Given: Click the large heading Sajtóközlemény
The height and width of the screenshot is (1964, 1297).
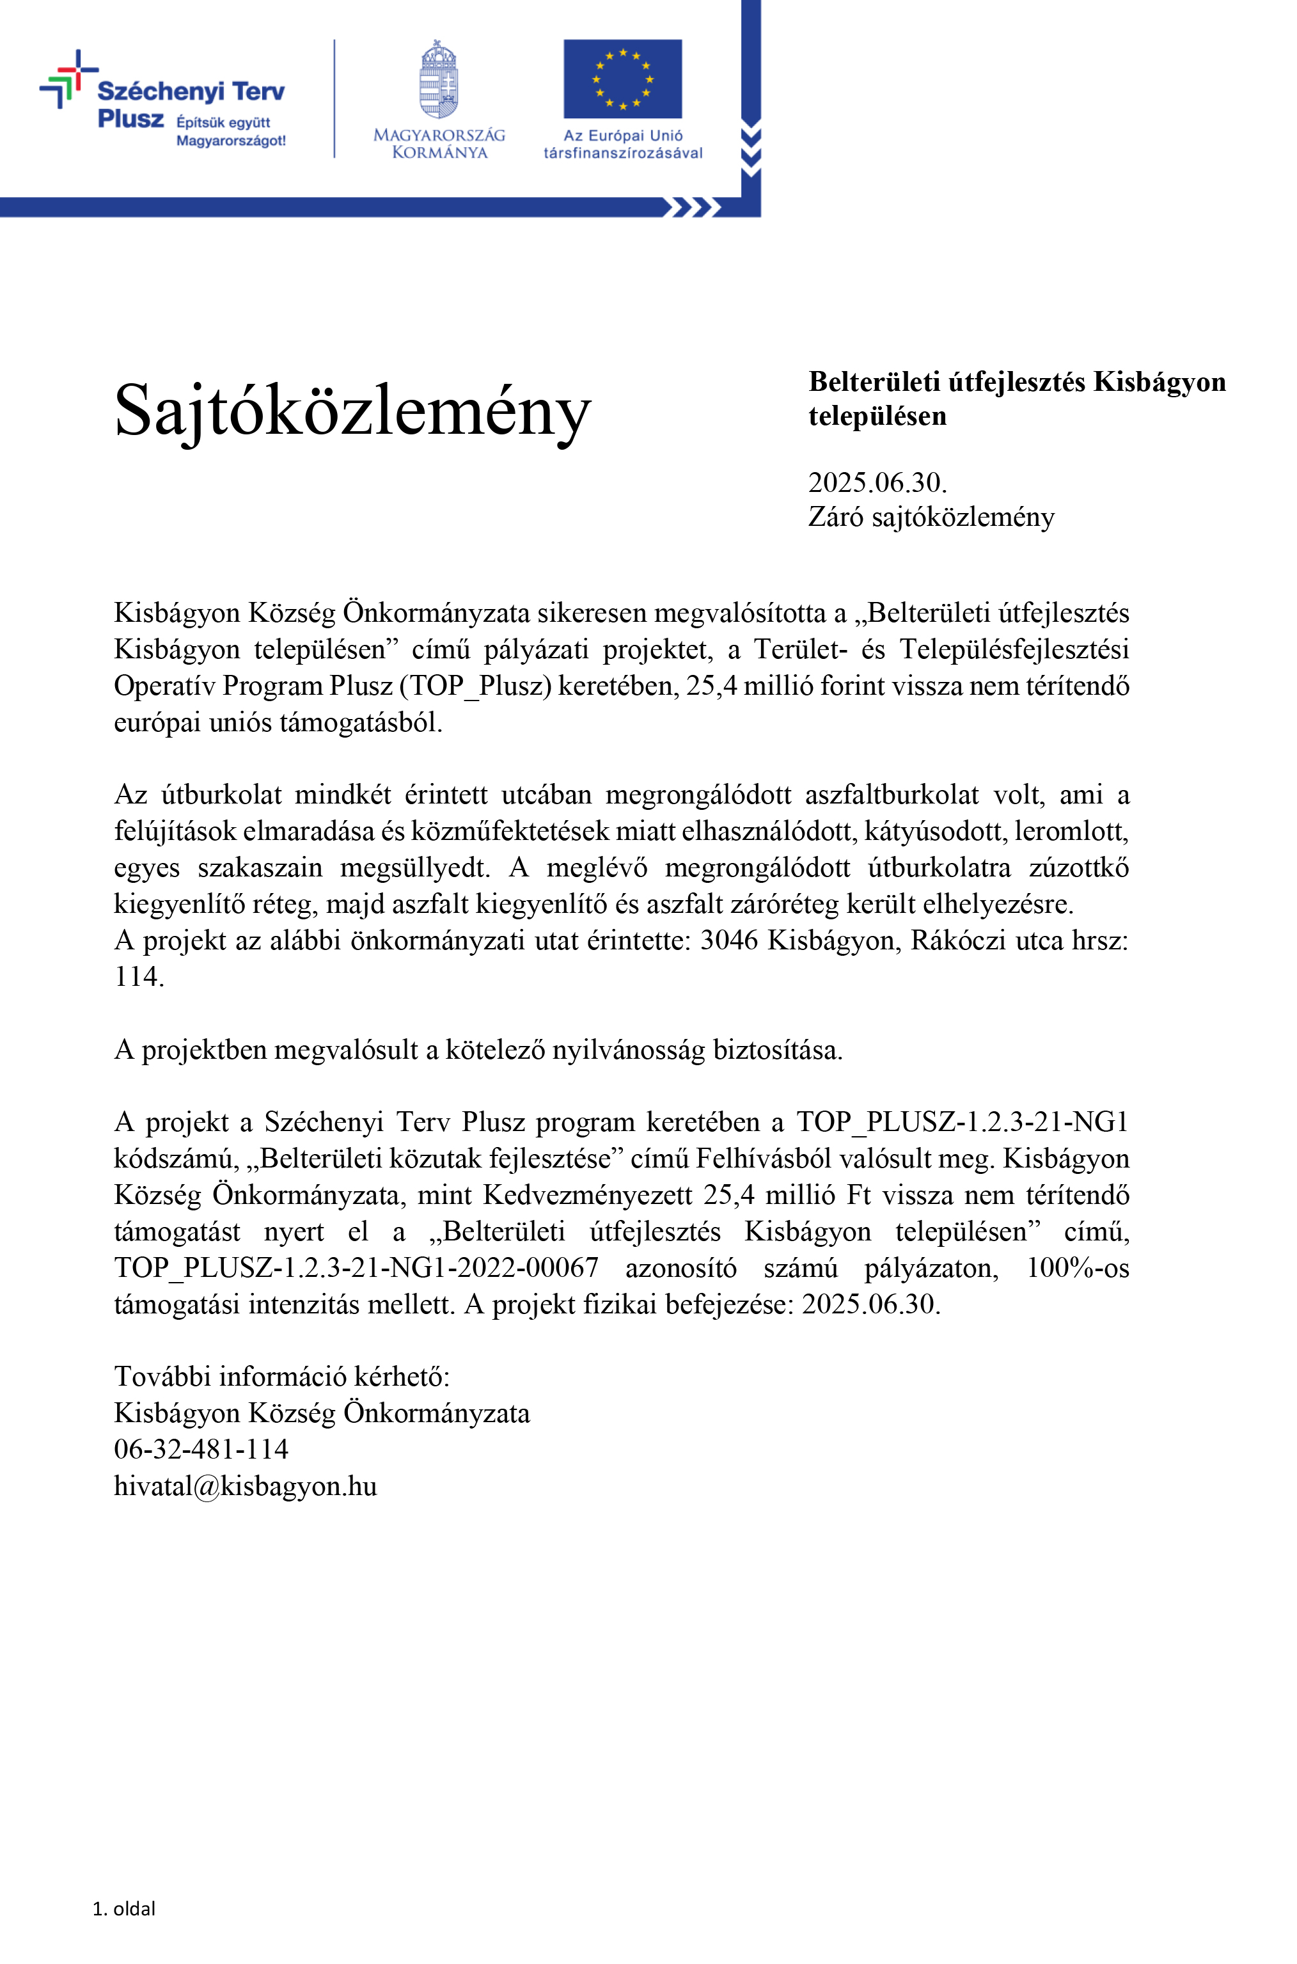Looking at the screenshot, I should coord(352,411).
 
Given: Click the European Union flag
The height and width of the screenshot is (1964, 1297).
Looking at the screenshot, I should coord(622,79).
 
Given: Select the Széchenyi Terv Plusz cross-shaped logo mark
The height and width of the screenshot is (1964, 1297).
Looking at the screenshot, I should coord(67,79).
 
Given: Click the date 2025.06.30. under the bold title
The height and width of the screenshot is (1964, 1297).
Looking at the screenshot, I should coord(877,482).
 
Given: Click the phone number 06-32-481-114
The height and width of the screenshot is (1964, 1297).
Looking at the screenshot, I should coord(201,1450).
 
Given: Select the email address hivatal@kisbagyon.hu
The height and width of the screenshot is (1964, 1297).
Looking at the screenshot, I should coord(245,1486).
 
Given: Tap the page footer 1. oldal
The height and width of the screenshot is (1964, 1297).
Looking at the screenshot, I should coord(124,1908).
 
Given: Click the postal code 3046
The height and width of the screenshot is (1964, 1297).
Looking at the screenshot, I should coord(728,940).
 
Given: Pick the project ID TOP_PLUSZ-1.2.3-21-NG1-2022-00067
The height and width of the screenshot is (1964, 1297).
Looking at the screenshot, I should coord(356,1267).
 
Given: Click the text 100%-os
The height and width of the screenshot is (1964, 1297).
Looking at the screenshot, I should coord(1077,1267).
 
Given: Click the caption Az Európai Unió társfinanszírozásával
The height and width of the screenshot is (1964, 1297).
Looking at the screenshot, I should coord(622,144).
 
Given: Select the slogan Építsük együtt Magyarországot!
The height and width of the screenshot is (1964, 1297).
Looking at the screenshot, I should coord(230,132).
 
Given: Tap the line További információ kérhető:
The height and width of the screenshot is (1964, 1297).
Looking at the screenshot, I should coord(281,1377).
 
